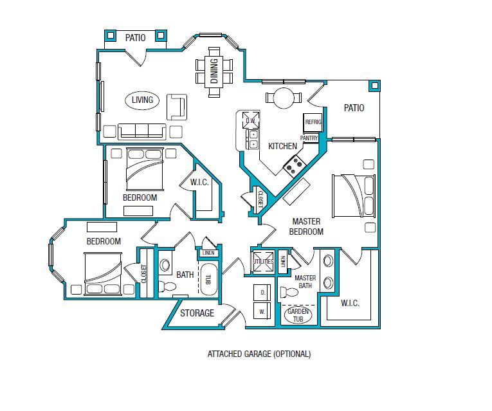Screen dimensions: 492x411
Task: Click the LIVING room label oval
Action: coord(143,100)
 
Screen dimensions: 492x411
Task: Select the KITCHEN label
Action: coord(282,146)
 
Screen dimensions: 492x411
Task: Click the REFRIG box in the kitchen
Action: coord(313,122)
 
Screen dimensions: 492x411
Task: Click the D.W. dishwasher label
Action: coord(250,120)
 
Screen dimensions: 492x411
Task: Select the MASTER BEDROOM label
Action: coord(306,226)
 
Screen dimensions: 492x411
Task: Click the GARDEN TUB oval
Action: coord(297,315)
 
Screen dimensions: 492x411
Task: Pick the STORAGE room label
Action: coord(197,313)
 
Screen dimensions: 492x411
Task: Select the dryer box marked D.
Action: coord(262,292)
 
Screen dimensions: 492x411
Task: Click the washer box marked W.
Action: coord(262,311)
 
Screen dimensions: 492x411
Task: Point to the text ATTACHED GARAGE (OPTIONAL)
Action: coord(259,354)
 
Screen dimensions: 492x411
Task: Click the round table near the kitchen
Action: coord(284,98)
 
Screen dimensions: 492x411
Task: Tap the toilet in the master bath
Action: coord(291,293)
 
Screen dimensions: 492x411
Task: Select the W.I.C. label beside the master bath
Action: coord(350,303)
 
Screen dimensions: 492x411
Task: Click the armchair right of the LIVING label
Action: coord(177,107)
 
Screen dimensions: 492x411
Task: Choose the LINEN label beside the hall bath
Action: coord(208,253)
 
